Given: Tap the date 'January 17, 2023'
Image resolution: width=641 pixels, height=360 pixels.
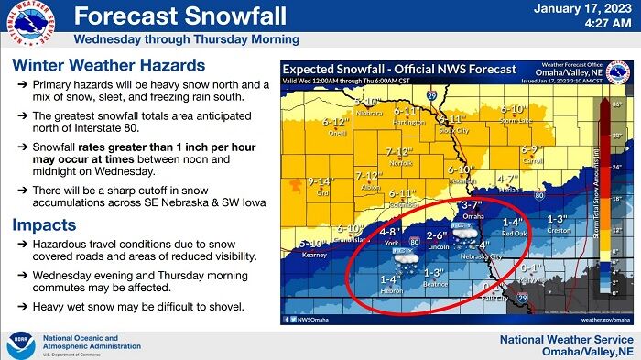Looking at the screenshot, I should point(582,8).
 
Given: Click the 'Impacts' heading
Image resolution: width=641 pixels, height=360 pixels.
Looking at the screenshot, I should point(43,225).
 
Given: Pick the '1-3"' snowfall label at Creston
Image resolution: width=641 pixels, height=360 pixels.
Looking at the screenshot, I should point(556,220).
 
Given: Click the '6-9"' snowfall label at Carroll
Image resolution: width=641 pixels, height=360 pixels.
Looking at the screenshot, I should point(532,149).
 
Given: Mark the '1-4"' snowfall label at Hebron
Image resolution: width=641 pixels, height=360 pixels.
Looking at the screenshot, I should point(390,279).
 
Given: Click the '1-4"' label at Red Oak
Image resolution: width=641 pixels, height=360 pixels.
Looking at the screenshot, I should point(512,222).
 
